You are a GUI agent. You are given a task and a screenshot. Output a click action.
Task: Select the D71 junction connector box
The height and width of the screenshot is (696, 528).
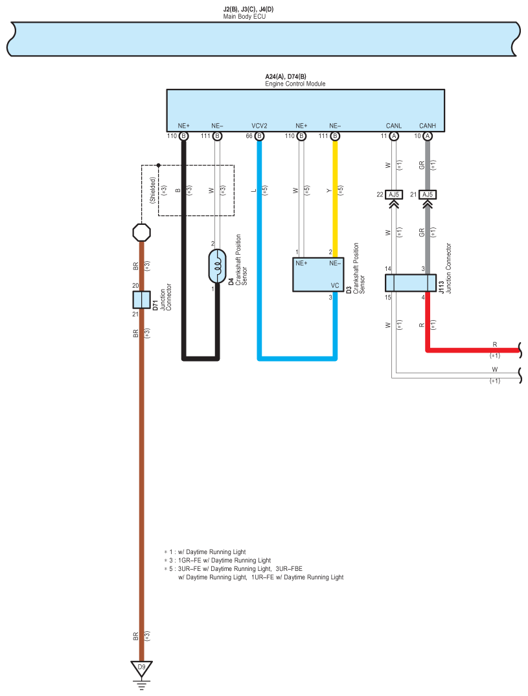click(x=141, y=300)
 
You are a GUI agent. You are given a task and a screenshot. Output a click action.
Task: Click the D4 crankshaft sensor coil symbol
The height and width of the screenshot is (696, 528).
click(x=218, y=266)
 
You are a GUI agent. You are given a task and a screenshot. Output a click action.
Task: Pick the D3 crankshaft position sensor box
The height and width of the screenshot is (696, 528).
click(x=318, y=275)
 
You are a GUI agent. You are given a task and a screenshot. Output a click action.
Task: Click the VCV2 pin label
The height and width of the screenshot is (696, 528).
click(x=259, y=126)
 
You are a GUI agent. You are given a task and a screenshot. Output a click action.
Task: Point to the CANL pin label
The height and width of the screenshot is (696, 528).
click(x=393, y=126)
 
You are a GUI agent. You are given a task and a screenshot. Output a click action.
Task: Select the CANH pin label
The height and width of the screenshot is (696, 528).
click(x=428, y=126)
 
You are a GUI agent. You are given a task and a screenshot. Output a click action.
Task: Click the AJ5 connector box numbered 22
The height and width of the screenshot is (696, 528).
click(x=393, y=194)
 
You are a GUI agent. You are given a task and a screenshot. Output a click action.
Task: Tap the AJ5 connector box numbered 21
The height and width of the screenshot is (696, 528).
click(x=428, y=194)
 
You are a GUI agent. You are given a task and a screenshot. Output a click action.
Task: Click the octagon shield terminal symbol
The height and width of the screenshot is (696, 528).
click(x=141, y=232)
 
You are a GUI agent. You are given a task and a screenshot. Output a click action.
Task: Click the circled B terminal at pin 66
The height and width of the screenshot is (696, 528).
click(x=260, y=136)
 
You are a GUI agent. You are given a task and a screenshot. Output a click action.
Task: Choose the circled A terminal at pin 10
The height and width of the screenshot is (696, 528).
click(x=428, y=136)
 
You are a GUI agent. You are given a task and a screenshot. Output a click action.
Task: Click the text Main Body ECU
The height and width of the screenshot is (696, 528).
click(x=244, y=16)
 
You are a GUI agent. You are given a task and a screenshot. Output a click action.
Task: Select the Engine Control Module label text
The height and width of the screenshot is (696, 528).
click(x=295, y=84)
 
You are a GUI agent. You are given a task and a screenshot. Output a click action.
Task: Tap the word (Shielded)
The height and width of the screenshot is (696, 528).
click(x=153, y=191)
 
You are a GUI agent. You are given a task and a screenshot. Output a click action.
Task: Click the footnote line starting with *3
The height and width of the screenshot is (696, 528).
click(x=218, y=561)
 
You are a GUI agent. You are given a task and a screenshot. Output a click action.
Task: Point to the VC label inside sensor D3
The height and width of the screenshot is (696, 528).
click(x=334, y=285)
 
